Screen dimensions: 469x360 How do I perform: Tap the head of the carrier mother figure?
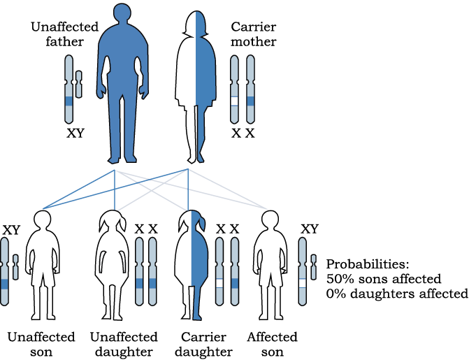pyautogui.click(x=196, y=23)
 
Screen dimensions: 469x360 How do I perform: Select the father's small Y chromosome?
pyautogui.click(x=79, y=84)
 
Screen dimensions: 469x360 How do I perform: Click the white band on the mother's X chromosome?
pyautogui.click(x=234, y=101)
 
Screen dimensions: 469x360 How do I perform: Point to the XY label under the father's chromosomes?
pyautogui.click(x=75, y=133)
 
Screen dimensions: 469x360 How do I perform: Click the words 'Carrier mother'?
pyautogui.click(x=253, y=34)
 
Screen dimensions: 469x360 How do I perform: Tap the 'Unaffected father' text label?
pyautogui.click(x=64, y=34)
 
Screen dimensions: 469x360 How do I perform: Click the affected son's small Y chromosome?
pyautogui.click(x=313, y=267)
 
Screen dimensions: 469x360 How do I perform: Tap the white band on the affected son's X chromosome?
pyautogui.click(x=303, y=283)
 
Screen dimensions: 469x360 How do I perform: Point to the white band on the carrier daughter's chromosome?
pyautogui.click(x=219, y=283)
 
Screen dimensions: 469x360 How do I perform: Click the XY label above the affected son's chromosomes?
pyautogui.click(x=310, y=229)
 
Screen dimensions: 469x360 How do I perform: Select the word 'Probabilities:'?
pyautogui.click(x=368, y=264)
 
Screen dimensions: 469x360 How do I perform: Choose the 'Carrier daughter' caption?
pyautogui.click(x=203, y=345)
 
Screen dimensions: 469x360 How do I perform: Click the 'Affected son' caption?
pyautogui.click(x=272, y=345)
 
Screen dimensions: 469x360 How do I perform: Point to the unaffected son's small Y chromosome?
pyautogui.click(x=15, y=267)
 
